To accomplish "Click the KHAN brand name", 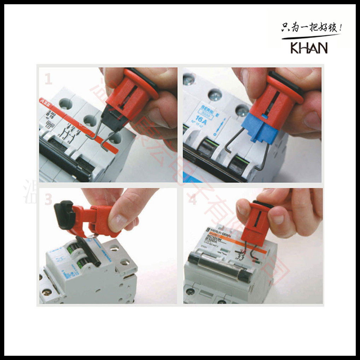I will click(309, 48).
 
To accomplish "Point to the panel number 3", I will click(48, 200).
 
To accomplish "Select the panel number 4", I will click(192, 200).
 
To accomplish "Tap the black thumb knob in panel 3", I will click(64, 214).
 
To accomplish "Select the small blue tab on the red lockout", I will click(265, 115).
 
